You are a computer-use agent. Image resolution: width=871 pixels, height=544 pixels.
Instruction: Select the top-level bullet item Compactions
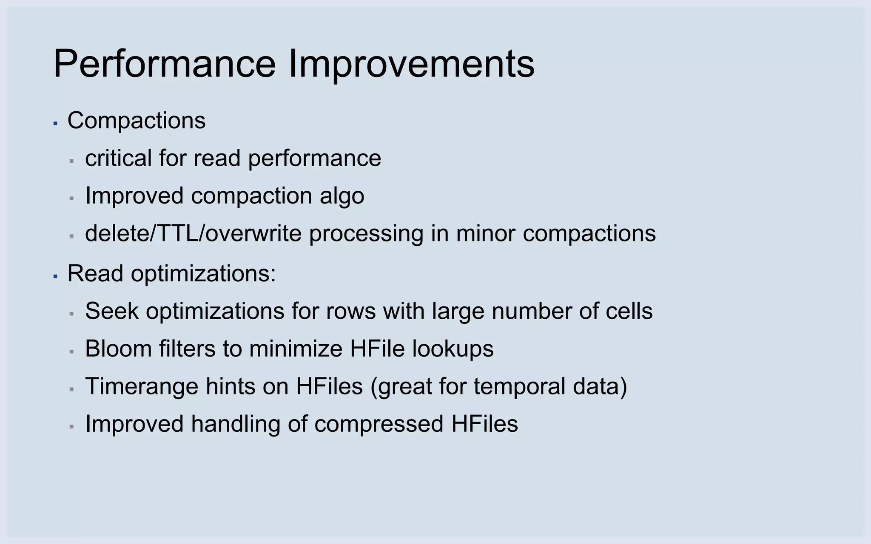pos(136,120)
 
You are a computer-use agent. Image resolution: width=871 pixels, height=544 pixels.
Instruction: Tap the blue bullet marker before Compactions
pos(55,123)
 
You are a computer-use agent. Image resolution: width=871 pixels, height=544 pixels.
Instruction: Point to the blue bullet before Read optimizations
pos(55,276)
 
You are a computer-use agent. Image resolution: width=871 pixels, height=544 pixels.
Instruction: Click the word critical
pos(118,158)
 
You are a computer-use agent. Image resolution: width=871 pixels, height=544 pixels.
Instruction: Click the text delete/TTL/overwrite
pos(193,233)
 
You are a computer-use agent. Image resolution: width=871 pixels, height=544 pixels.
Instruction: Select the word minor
pos(485,233)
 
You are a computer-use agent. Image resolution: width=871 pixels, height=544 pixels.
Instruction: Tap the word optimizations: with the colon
pos(203,273)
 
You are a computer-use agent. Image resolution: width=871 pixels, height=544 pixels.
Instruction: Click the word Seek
pos(112,311)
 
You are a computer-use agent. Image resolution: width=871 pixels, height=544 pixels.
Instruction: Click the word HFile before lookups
pos(377,348)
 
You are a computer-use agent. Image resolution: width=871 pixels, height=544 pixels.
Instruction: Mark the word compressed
pos(379,424)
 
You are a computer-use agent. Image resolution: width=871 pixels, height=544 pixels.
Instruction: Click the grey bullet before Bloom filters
pos(72,352)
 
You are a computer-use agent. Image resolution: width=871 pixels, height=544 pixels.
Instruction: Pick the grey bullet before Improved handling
pos(72,427)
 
